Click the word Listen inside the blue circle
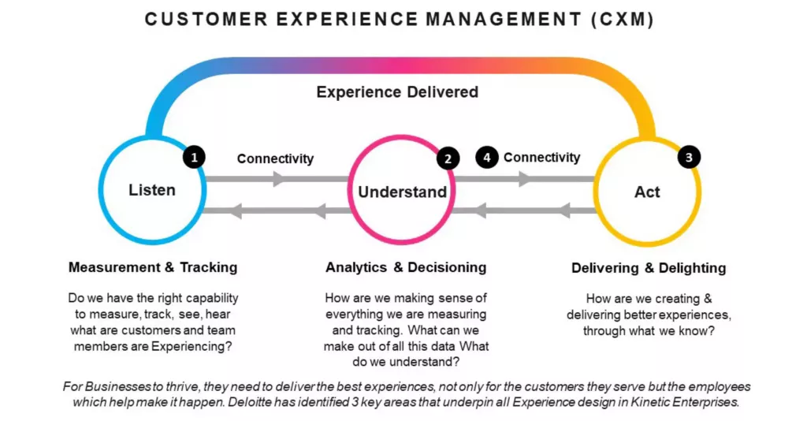151,190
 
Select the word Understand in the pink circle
402,192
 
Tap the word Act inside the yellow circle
647,192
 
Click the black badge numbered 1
194,157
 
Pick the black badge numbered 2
448,159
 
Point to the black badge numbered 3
689,157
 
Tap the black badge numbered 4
487,158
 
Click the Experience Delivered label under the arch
397,92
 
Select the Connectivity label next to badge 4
541,158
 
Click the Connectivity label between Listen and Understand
275,158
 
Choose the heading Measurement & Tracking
153,267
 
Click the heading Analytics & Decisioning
406,267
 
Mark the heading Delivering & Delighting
649,268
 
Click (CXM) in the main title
623,20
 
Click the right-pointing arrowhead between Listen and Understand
278,180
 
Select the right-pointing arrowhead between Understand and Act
524,180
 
